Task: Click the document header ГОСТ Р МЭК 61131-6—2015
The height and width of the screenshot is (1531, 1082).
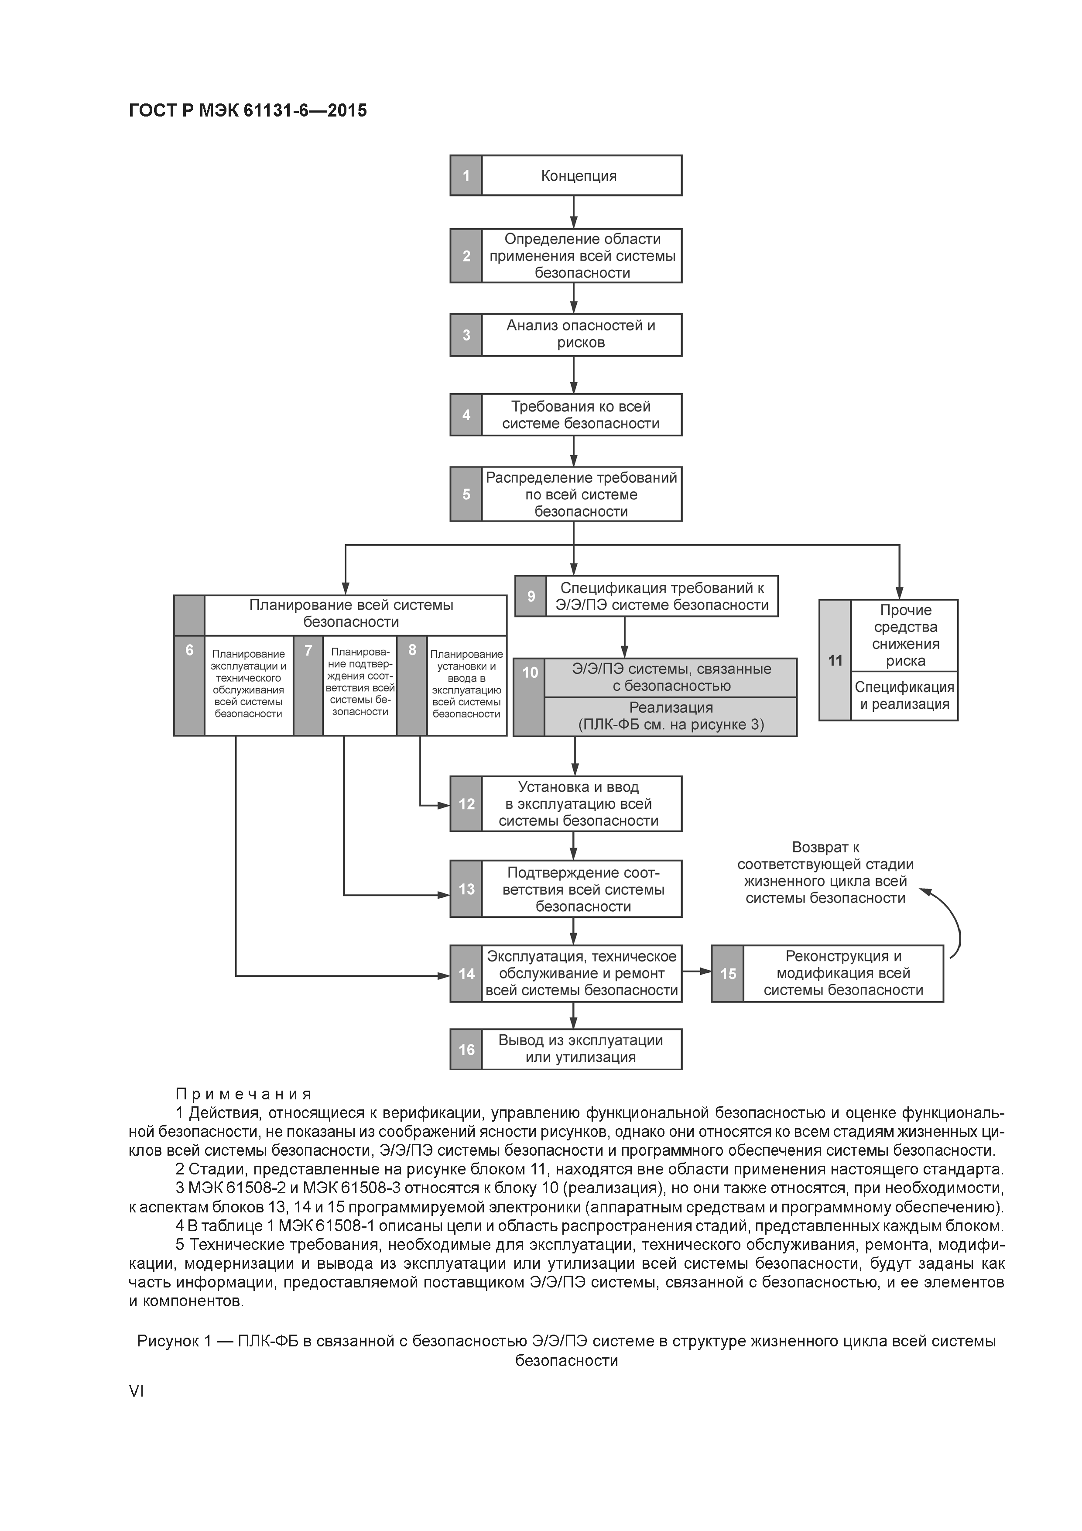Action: point(247,111)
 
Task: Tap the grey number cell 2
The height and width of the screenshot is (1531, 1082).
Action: point(466,256)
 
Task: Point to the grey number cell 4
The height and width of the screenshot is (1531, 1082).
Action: point(466,415)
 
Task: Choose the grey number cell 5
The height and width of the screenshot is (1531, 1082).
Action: point(466,494)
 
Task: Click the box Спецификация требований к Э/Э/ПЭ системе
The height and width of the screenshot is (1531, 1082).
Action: point(661,596)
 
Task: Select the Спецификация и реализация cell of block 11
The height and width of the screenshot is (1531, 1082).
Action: point(904,696)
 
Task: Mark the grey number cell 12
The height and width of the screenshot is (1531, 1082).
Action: point(466,804)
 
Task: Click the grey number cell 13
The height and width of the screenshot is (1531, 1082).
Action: point(466,889)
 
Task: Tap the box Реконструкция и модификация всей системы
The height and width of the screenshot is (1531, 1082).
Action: point(842,974)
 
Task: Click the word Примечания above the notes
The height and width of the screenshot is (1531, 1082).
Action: point(244,1094)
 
